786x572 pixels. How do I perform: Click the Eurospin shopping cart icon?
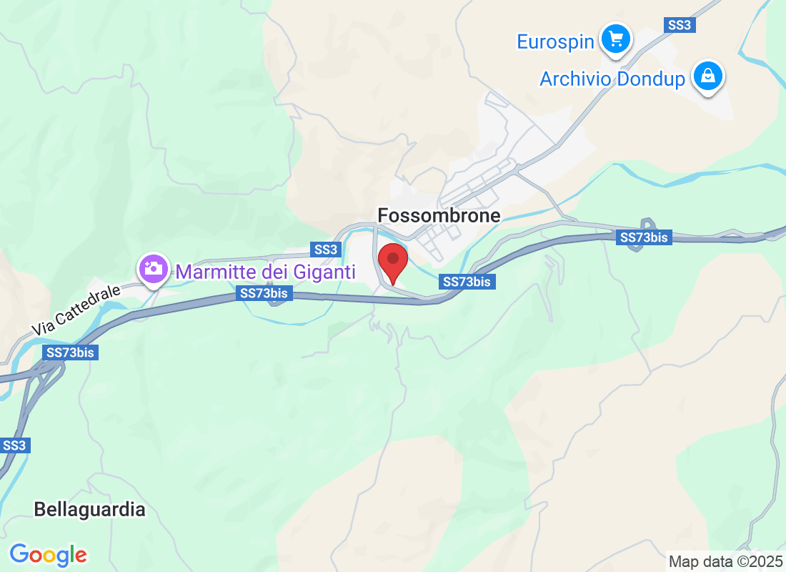coord(615,39)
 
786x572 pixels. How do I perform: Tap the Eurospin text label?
coord(555,41)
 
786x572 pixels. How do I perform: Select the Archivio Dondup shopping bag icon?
coord(708,75)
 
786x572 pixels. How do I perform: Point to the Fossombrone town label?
coord(439,215)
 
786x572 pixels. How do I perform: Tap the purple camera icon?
coord(152,269)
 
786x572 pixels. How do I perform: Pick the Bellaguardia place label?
coord(89,510)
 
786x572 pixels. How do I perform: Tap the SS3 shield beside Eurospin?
coord(678,25)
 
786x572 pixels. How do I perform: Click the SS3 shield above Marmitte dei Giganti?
coord(325,250)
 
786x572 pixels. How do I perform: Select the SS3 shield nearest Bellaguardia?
coord(14,445)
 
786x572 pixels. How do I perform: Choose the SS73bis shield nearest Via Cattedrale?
coord(70,352)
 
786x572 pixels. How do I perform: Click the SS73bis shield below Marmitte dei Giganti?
coord(264,293)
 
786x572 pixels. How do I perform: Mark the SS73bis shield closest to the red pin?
coord(467,282)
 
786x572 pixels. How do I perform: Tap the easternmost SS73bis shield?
coord(645,237)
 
